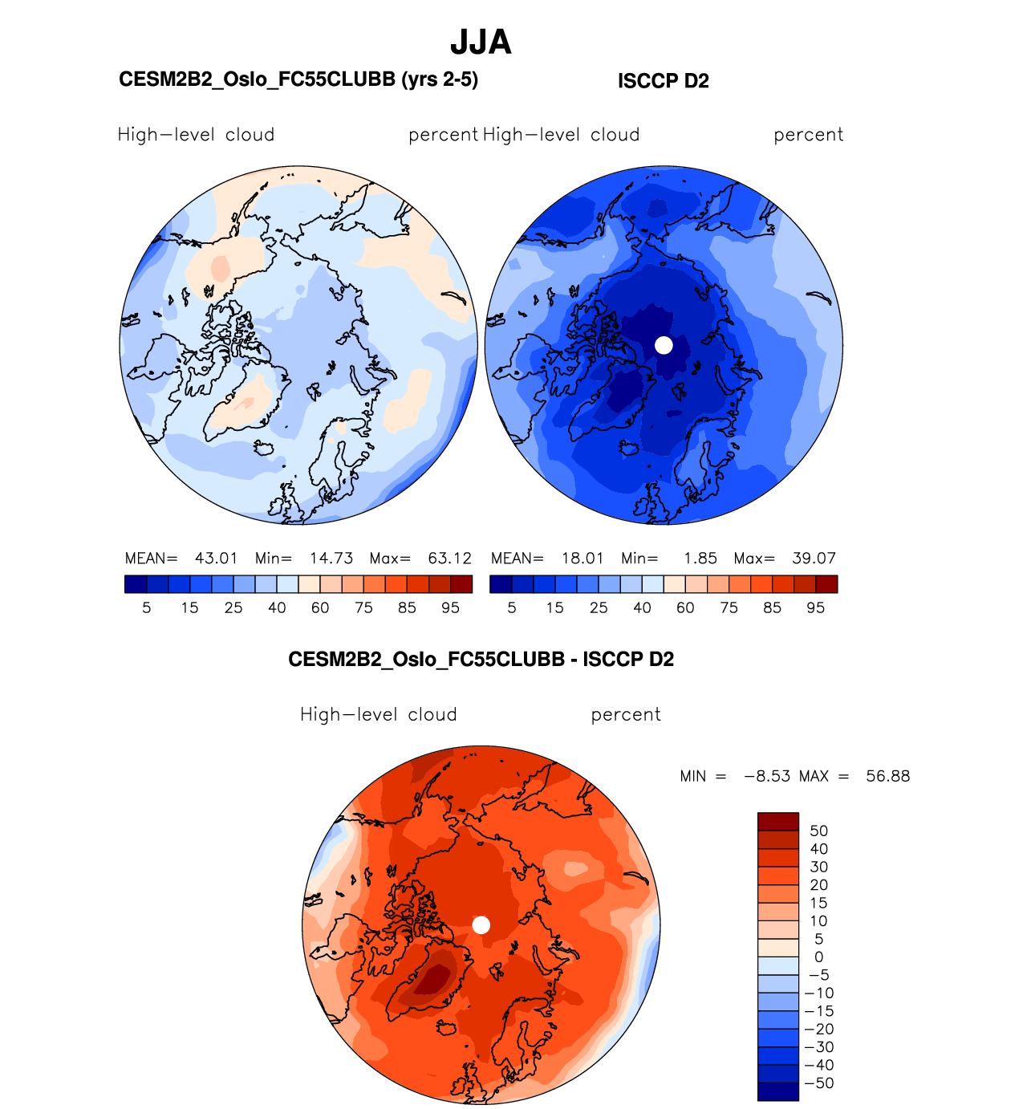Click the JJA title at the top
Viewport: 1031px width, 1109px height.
[x=481, y=42]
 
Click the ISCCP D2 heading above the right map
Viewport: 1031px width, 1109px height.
[x=663, y=81]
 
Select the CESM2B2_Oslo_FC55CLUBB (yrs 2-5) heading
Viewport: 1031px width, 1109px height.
[x=298, y=79]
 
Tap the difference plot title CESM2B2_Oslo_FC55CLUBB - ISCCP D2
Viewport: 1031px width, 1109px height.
[x=481, y=660]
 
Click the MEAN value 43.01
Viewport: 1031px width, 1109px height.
[x=216, y=559]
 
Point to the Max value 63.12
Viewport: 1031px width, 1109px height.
[x=449, y=559]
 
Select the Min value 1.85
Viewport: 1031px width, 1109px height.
[x=700, y=559]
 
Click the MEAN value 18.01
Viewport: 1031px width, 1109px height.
[x=582, y=559]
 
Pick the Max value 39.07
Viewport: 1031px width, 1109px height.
[x=814, y=559]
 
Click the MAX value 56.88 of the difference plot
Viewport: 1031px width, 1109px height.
[x=887, y=776]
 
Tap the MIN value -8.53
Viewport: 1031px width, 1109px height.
[x=767, y=776]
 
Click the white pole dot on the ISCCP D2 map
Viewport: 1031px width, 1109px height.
[x=664, y=345]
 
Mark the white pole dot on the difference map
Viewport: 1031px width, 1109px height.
[x=481, y=925]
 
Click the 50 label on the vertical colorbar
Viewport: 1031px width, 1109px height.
[x=818, y=831]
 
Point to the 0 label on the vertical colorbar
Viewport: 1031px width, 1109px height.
[x=818, y=957]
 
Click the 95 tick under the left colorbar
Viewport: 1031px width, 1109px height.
[x=450, y=608]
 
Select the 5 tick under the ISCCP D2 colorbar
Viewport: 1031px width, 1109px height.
[x=512, y=608]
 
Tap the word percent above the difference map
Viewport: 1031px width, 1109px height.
[x=626, y=715]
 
